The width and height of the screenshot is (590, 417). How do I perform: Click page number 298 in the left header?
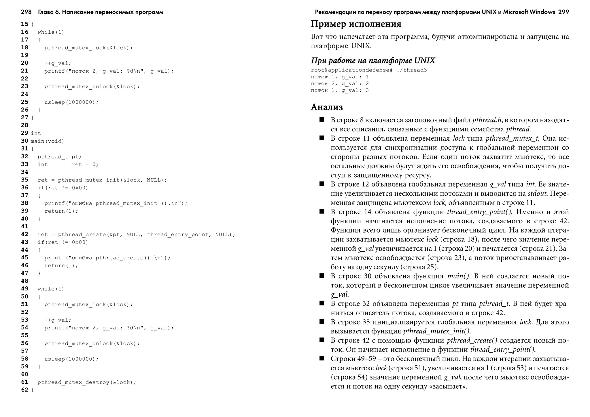coord(26,12)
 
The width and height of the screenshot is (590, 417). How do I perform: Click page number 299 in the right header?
coord(563,12)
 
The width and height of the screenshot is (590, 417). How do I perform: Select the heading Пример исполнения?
coord(356,24)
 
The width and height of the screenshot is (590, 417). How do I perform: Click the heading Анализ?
coord(327,107)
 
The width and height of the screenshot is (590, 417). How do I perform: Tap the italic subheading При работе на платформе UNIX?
coord(373,61)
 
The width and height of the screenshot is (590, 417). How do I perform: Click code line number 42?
coord(25,234)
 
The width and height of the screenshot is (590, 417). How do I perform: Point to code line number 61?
coord(25,382)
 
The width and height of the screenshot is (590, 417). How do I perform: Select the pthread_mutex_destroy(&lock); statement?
coord(87,382)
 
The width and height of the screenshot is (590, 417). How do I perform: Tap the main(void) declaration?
coord(47,141)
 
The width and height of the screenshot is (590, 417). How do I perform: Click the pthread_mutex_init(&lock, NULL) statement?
coord(102,180)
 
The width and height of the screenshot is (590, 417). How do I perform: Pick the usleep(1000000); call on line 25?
coord(71,102)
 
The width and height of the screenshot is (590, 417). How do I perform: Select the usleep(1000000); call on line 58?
coord(71,359)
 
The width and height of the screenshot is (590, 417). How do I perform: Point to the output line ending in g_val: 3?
coord(340,90)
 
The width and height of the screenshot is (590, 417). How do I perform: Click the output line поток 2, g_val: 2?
coord(340,84)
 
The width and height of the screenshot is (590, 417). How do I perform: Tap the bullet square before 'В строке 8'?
coord(322,120)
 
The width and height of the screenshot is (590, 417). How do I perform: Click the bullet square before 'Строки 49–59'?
coord(322,358)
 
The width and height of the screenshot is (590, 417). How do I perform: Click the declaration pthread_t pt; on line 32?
coord(59,157)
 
